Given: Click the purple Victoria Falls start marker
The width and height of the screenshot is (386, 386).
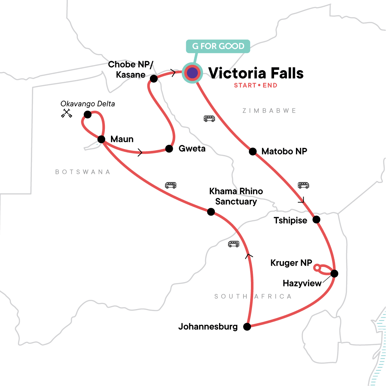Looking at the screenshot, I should click(192, 73).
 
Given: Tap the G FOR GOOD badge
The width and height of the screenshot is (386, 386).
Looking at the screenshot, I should click(218, 46).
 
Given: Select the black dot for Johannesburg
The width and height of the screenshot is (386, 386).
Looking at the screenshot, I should click(247, 327).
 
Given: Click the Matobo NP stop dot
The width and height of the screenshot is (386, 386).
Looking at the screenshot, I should click(253, 152).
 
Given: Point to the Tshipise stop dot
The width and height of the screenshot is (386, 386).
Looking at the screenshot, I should click(317, 220).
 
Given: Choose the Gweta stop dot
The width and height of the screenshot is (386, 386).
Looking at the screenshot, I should click(169, 149).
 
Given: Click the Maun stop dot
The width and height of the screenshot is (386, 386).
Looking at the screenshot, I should click(101, 139).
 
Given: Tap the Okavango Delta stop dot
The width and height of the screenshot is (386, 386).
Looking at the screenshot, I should click(87, 115).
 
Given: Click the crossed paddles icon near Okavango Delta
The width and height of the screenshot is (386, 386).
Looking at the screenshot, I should click(67, 113).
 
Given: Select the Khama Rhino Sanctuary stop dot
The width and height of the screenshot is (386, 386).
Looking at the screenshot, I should click(211, 212).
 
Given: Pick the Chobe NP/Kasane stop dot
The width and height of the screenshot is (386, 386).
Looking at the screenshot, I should click(154, 78).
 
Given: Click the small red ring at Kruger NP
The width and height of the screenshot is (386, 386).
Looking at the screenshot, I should click(317, 267).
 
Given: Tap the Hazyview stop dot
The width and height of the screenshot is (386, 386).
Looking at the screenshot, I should click(335, 274).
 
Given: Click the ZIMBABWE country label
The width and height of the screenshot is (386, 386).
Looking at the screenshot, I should click(269, 111).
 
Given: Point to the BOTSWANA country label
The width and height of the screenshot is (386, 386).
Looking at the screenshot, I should click(83, 172).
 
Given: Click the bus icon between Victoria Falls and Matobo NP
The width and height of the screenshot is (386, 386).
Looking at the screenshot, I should click(209, 119).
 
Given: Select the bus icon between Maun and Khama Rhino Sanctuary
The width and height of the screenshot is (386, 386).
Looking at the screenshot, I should click(170, 185).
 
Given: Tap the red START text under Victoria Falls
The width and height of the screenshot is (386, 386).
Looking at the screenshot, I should click(245, 86).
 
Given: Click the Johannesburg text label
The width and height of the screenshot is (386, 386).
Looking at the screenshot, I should click(208, 327).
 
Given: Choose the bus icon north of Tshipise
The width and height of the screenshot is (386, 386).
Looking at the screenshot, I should click(303, 185).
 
